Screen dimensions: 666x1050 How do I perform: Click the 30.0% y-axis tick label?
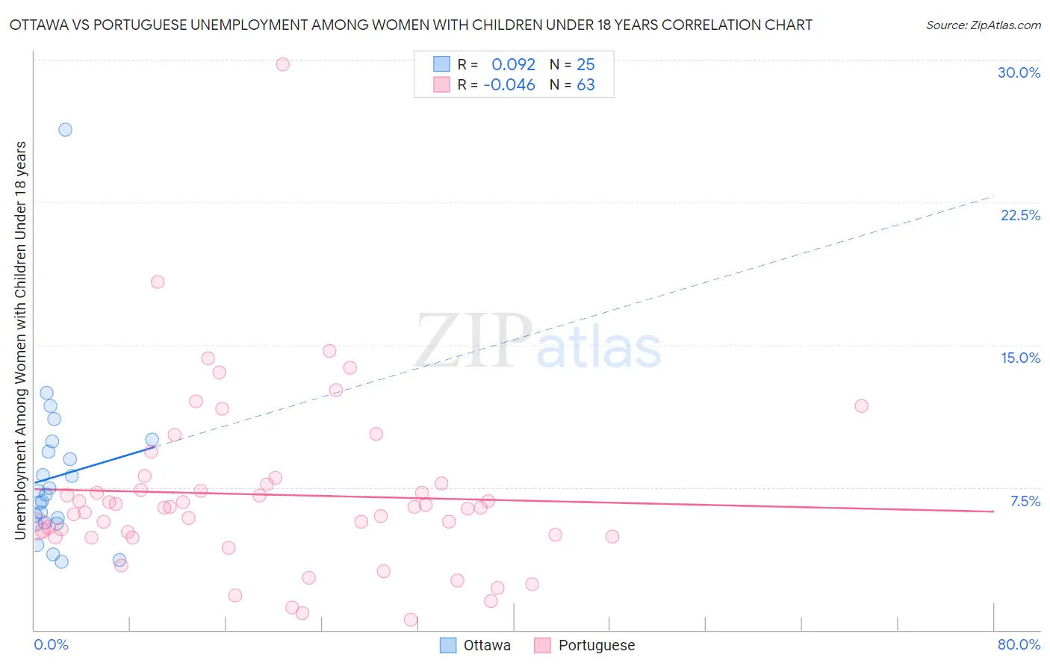[x=1019, y=72]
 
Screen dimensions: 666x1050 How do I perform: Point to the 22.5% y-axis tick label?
[x=1020, y=215]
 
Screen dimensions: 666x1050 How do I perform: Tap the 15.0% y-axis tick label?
[x=1020, y=358]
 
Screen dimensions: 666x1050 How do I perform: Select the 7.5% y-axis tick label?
[x=1025, y=501]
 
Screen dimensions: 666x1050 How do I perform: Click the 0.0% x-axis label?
[x=51, y=644]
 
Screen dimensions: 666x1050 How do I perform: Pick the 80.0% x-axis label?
[x=1019, y=644]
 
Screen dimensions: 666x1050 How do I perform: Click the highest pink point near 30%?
[x=282, y=64]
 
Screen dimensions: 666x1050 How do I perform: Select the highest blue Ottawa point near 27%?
[x=65, y=129]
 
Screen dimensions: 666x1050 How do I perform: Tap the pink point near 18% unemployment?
[x=158, y=281]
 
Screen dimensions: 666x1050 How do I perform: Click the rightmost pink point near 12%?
[x=861, y=406]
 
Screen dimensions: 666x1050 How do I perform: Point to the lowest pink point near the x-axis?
[x=410, y=620]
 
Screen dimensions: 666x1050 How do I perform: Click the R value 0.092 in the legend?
[x=513, y=65]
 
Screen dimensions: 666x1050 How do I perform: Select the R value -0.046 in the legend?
[x=509, y=85]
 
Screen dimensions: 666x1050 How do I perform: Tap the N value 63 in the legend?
[x=585, y=85]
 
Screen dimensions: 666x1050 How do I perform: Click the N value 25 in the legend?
[x=585, y=65]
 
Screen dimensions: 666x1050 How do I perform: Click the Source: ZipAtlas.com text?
[x=983, y=25]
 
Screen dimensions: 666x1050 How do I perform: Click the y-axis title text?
[x=21, y=340]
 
